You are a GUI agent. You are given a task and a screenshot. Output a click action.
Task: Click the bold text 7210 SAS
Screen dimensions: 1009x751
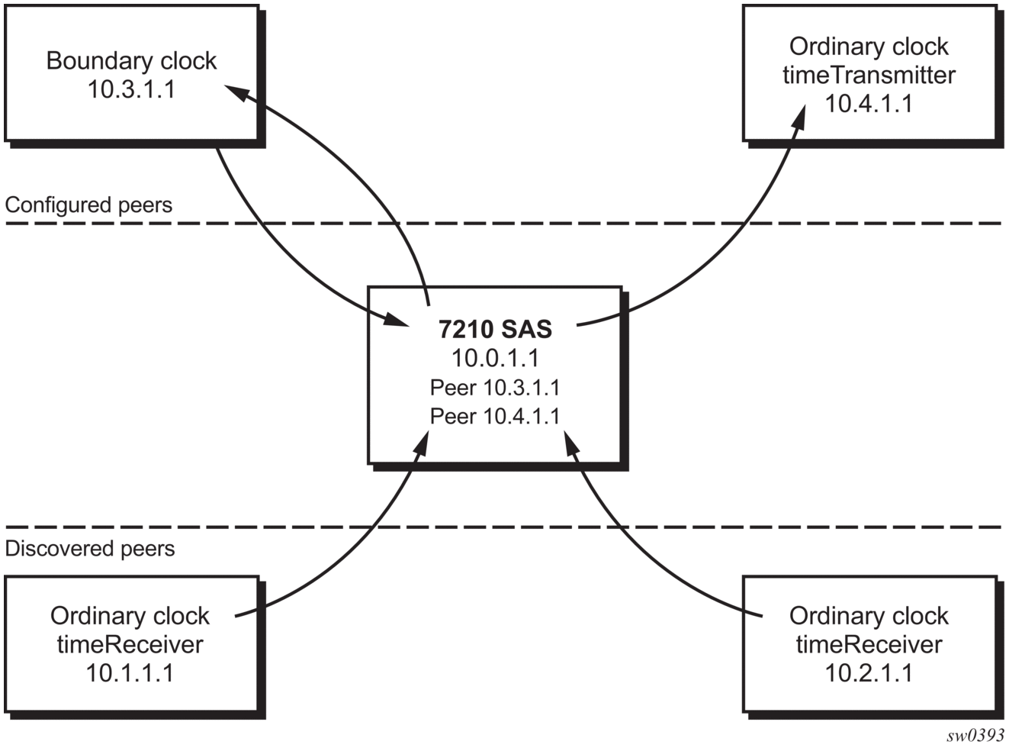point(495,329)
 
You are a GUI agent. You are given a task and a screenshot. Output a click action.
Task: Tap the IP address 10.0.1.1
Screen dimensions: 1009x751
point(495,358)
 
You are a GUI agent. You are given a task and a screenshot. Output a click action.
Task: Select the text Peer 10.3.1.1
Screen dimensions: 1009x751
point(495,388)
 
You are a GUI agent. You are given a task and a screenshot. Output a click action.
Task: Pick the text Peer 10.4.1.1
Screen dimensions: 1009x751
point(495,416)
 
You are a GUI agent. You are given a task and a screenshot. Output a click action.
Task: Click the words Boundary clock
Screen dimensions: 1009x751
point(131,60)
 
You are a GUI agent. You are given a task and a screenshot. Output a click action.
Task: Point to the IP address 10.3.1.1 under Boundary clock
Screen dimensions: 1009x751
point(131,89)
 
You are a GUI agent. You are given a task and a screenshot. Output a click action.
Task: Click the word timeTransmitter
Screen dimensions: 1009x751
point(869,75)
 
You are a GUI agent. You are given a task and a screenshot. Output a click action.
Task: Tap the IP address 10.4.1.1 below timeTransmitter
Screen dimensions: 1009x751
point(869,103)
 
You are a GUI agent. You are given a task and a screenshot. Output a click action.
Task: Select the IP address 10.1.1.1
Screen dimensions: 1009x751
point(130,673)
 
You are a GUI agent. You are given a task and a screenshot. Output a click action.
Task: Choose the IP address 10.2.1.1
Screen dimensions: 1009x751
point(869,673)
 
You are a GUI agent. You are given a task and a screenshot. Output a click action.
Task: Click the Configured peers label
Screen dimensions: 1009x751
point(88,205)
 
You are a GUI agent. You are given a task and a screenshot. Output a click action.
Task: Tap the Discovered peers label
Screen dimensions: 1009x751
point(90,548)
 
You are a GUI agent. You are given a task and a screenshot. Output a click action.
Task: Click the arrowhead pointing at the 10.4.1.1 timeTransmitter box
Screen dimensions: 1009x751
point(798,116)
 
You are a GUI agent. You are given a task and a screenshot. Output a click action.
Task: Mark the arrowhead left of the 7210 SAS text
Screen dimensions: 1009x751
point(395,318)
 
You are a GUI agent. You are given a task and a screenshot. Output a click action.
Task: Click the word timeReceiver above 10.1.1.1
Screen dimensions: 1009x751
point(130,645)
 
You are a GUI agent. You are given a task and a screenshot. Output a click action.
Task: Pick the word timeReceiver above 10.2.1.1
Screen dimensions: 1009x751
point(869,645)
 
